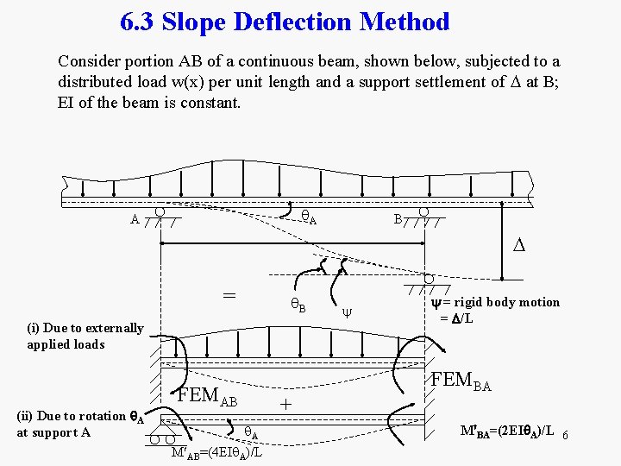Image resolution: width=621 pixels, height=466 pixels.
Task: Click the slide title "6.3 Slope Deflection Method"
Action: coord(285,22)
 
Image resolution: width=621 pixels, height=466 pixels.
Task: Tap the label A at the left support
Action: coord(134,219)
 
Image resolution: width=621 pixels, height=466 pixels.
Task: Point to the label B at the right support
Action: coord(398,219)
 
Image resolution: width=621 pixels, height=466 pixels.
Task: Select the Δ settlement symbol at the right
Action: coord(518,246)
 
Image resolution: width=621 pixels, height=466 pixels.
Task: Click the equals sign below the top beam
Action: coord(229,294)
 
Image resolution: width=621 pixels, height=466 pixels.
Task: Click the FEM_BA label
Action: coord(461,381)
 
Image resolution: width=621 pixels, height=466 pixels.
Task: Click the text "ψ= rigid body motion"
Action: coord(495,302)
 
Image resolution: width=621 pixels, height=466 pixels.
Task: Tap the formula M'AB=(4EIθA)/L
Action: coord(216,452)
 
